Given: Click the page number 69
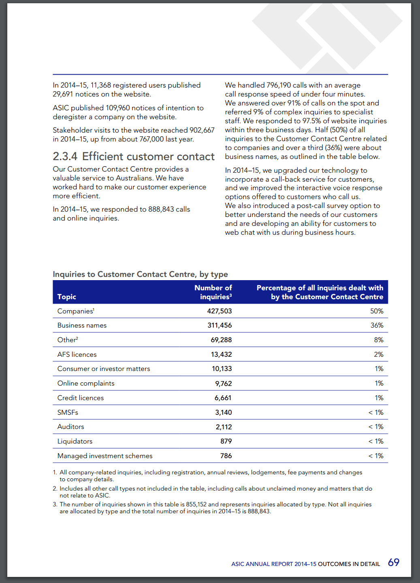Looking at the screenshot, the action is pyautogui.click(x=394, y=562).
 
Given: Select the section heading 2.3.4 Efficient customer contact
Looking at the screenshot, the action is pyautogui.click(x=134, y=156).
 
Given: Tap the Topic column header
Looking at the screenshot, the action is pyautogui.click(x=66, y=297).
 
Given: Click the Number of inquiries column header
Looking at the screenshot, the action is pyautogui.click(x=213, y=292).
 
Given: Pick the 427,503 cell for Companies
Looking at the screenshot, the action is pyautogui.click(x=219, y=311).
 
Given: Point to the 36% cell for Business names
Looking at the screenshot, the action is pyautogui.click(x=377, y=325).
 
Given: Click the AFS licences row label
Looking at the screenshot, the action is pyautogui.click(x=77, y=354).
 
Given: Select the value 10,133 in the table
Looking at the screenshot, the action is pyautogui.click(x=222, y=369).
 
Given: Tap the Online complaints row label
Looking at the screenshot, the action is pyautogui.click(x=86, y=384).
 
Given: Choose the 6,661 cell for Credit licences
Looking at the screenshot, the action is pyautogui.click(x=223, y=398).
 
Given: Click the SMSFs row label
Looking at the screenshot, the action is pyautogui.click(x=68, y=413).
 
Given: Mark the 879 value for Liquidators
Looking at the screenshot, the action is pyautogui.click(x=226, y=441).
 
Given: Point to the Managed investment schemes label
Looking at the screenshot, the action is pyautogui.click(x=105, y=456).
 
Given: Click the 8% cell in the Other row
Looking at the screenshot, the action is pyautogui.click(x=379, y=340).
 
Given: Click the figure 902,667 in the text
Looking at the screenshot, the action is pyautogui.click(x=202, y=130).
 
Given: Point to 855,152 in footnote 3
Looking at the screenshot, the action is pyautogui.click(x=196, y=504).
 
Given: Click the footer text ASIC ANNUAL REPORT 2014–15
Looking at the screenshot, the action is pyautogui.click(x=274, y=564).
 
